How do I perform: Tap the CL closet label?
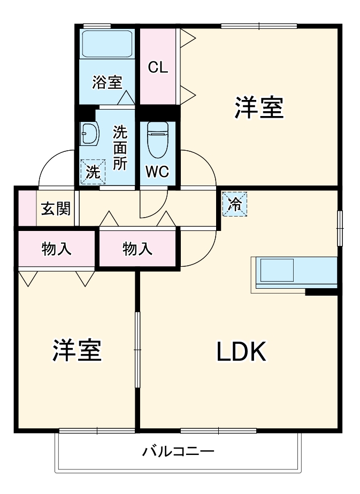(158, 67)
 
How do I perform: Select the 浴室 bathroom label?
(107, 82)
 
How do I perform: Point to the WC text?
(157, 172)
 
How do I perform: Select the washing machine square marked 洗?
(93, 173)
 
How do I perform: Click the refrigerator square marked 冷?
(235, 204)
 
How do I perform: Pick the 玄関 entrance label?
(56, 208)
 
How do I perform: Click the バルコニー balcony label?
(178, 452)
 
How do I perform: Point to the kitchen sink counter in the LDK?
(294, 273)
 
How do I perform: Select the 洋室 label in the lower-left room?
(76, 351)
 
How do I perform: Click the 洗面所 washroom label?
(120, 148)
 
